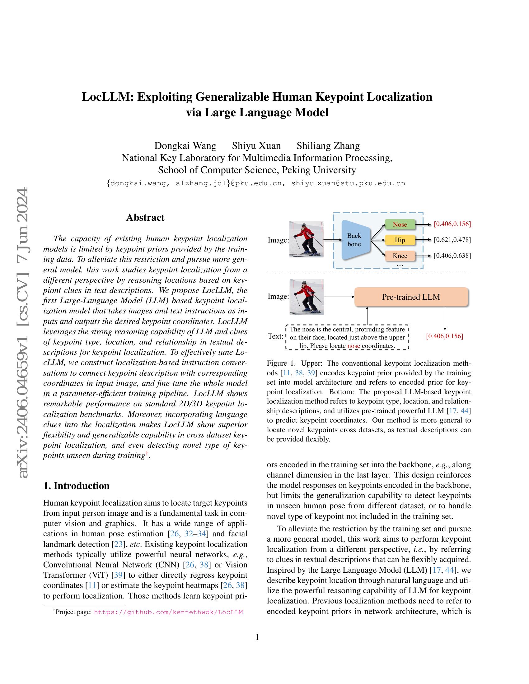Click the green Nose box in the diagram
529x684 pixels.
point(400,224)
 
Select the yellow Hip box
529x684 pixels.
point(400,240)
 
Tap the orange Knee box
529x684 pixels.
point(400,256)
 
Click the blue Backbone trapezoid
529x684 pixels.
point(354,240)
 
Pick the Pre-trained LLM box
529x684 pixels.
point(411,297)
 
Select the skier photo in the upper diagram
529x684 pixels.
point(306,239)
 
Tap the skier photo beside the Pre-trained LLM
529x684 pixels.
point(306,297)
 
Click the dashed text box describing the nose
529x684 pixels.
point(347,337)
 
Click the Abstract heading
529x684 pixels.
point(145,217)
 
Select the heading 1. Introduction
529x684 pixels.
point(77,486)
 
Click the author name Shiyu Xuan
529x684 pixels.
point(256,146)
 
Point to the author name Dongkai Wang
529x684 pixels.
point(185,146)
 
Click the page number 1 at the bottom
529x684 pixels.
point(257,637)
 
